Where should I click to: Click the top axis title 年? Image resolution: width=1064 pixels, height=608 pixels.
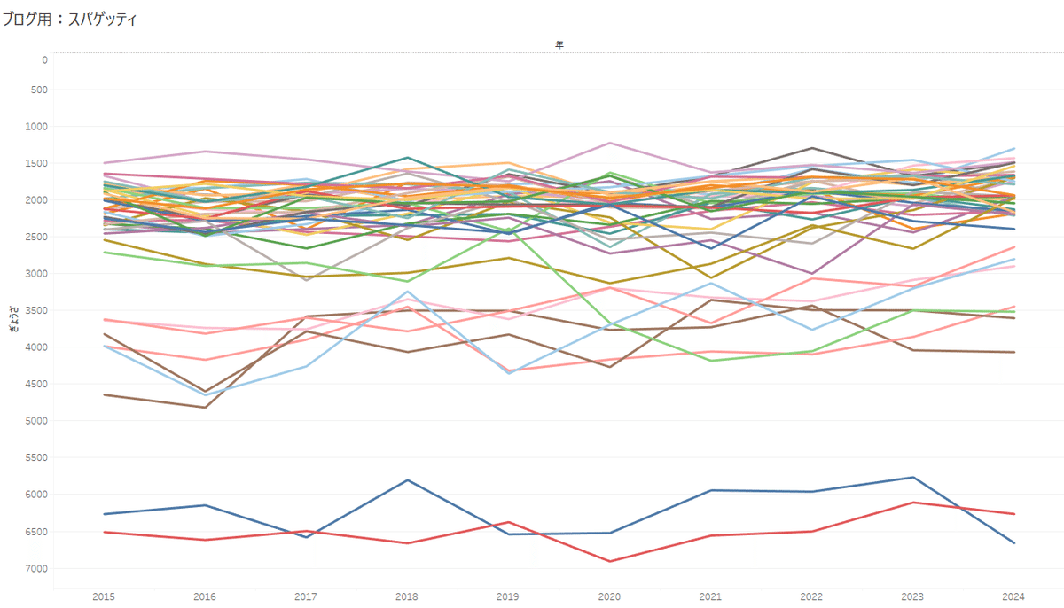[559, 44]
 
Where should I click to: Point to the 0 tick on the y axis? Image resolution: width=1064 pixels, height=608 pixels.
[43, 60]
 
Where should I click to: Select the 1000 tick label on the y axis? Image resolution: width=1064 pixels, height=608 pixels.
[37, 127]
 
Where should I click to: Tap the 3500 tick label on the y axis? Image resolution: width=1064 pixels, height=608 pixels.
[37, 310]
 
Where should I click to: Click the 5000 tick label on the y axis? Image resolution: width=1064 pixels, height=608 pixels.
[37, 421]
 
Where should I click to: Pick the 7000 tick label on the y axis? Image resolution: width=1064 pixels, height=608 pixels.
[37, 568]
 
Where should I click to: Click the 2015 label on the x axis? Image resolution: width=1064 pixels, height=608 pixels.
[103, 596]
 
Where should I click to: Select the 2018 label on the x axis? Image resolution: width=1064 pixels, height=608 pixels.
[407, 596]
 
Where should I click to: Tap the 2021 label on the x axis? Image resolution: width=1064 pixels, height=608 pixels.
[710, 596]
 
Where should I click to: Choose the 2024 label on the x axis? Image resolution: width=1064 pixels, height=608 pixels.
[1014, 596]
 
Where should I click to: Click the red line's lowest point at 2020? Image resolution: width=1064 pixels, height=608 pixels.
[610, 561]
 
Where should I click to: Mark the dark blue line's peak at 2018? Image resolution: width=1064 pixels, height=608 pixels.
[407, 479]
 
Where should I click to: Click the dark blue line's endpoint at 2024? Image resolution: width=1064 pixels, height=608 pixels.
[1014, 542]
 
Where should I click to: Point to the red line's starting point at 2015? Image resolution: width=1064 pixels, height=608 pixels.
[104, 532]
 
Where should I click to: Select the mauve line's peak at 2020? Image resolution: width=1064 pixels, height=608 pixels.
[610, 143]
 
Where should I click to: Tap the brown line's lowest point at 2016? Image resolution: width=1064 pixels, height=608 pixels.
[206, 407]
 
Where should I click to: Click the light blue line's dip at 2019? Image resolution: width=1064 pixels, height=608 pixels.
[509, 373]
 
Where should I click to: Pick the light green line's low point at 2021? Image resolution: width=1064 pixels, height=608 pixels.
[711, 361]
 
